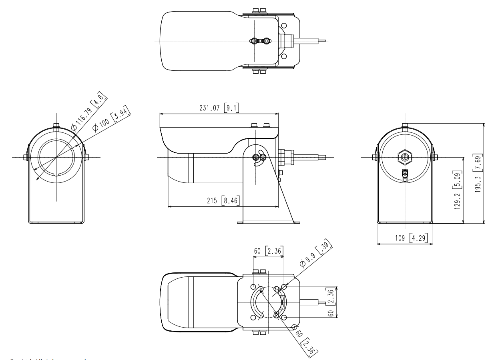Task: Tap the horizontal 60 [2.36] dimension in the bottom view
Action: (269, 251)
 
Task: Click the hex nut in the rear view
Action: (404, 157)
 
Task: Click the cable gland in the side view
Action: (286, 157)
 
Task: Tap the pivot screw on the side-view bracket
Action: (257, 158)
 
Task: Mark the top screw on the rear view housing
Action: (404, 127)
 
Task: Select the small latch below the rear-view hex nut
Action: (404, 174)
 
